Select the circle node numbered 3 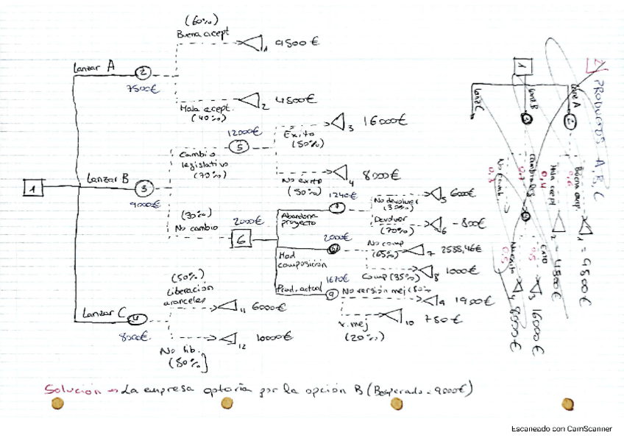pos(145,188)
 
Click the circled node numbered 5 pos(244,146)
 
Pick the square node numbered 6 pos(244,239)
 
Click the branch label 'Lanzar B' pos(107,178)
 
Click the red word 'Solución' pos(71,390)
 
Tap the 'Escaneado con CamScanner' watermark pos(564,428)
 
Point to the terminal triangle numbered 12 pos(230,338)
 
